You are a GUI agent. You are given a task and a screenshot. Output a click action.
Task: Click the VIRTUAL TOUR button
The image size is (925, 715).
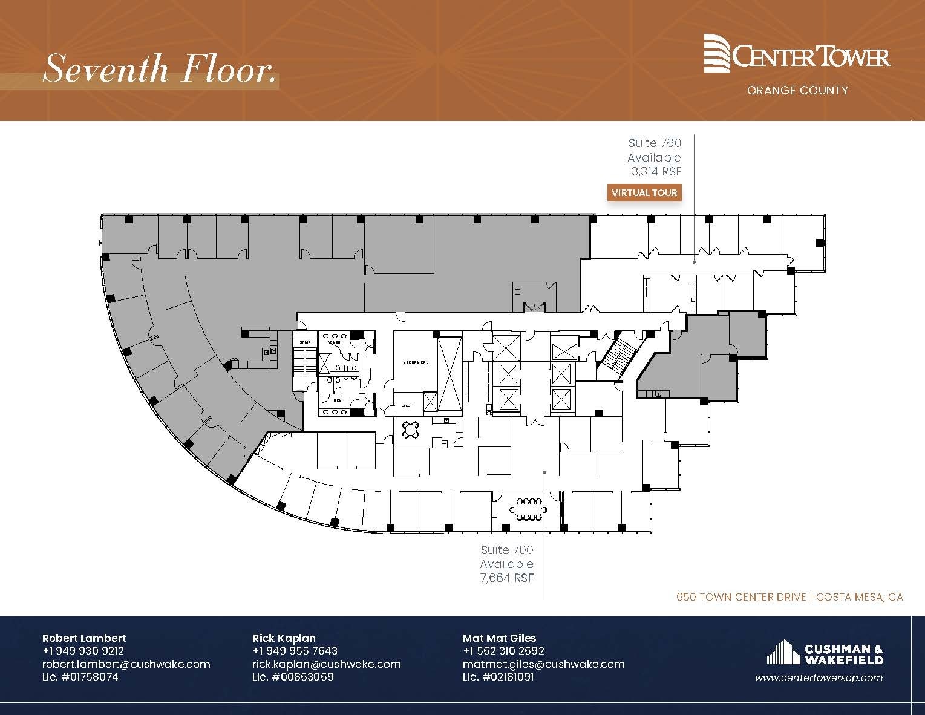pos(644,193)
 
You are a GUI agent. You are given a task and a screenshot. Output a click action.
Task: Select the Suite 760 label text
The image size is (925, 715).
pos(655,143)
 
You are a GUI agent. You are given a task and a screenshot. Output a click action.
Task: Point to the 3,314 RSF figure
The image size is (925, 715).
pos(656,171)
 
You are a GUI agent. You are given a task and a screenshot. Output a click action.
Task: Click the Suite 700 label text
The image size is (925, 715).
pos(507,550)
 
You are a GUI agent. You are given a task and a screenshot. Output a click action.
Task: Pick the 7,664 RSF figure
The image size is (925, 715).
pos(507,578)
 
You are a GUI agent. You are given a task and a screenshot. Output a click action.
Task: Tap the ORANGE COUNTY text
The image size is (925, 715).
pos(797,91)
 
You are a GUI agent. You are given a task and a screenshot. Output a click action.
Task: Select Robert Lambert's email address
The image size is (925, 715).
pos(126,664)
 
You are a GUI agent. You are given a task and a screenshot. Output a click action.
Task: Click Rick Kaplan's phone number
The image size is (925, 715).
pos(295,651)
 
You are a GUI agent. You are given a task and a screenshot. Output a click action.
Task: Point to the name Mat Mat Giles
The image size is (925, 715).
pos(499,638)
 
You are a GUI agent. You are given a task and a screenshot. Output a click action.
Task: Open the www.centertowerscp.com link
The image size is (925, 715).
pos(819,678)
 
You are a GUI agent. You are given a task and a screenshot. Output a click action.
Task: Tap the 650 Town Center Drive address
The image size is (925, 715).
pos(740,597)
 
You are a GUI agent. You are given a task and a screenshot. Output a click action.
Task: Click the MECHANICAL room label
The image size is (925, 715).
pos(416,362)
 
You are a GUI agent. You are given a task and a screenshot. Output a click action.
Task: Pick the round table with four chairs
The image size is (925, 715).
pos(412,429)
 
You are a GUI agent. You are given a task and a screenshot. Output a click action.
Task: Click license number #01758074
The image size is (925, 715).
pos(80,677)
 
